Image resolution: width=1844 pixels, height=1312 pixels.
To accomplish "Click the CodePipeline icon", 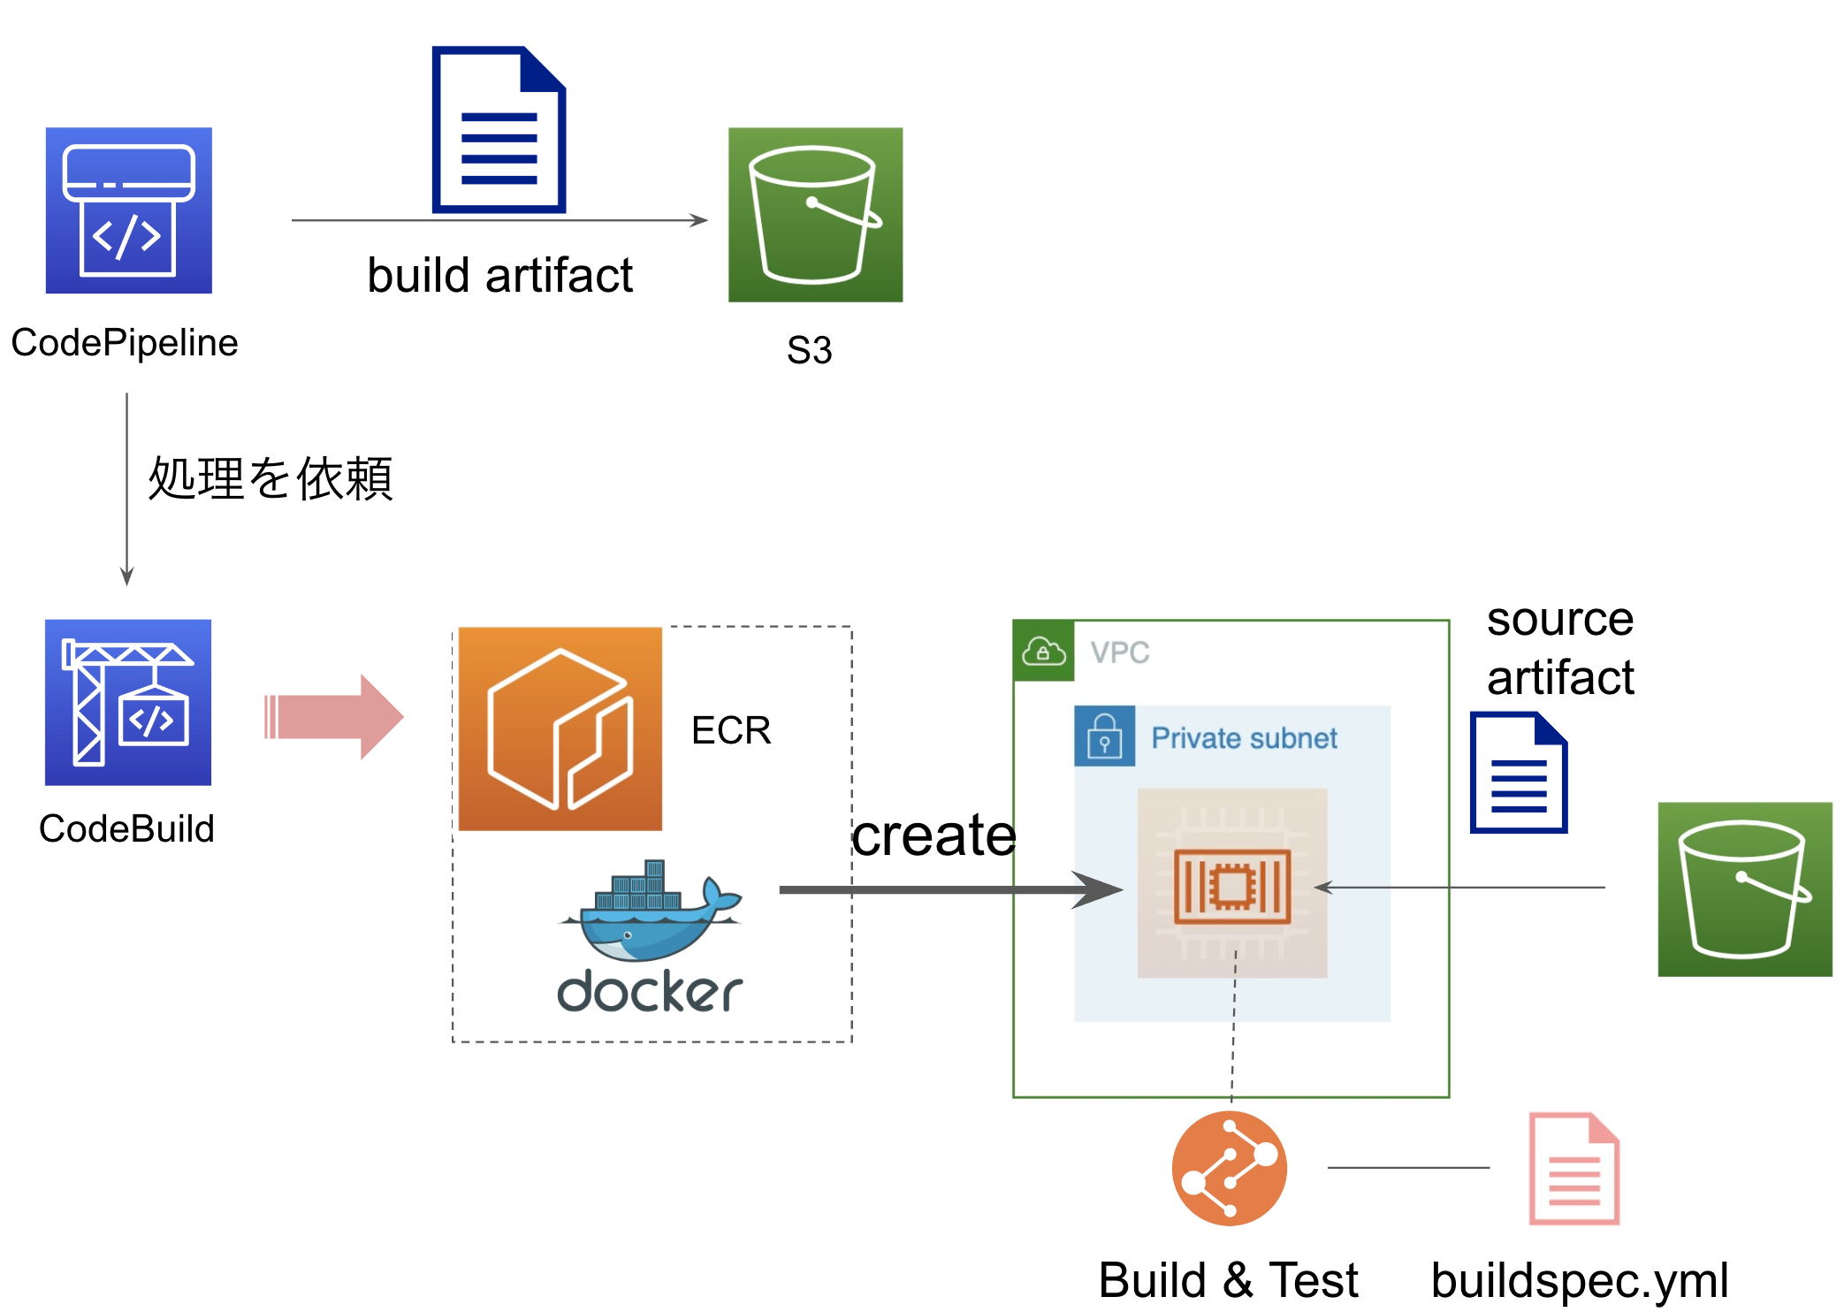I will (x=129, y=210).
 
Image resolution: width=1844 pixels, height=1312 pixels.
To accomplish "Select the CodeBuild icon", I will (x=128, y=702).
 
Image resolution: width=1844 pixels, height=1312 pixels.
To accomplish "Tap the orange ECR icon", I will (x=560, y=728).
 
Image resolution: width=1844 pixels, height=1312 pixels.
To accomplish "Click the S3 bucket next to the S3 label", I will (x=815, y=215).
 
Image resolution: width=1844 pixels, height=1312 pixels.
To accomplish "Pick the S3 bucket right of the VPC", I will (x=1744, y=889).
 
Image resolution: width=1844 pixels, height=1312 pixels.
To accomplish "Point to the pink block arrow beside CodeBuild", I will (x=334, y=716).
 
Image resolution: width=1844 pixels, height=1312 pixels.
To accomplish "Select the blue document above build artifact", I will (x=499, y=130).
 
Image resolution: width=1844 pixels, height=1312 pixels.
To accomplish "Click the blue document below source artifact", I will (x=1518, y=773).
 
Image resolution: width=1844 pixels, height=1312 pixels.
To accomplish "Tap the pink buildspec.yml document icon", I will (x=1573, y=1168).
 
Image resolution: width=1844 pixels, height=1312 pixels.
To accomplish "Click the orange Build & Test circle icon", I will (x=1229, y=1168).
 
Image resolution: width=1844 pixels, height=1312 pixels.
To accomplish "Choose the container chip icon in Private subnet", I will (x=1232, y=884).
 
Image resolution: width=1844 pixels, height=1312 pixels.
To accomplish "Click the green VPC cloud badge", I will (x=1044, y=652).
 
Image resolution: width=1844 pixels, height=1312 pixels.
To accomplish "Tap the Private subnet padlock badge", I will (x=1104, y=736).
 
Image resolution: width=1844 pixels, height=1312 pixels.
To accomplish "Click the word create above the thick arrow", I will (x=933, y=835).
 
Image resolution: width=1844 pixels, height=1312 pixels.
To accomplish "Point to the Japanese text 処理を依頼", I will (x=270, y=478).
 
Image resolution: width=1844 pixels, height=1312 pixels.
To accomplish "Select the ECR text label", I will (x=731, y=730).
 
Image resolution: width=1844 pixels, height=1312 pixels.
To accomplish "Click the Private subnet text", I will (x=1244, y=737).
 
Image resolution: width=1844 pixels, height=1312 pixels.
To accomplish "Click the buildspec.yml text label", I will (x=1580, y=1280).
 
